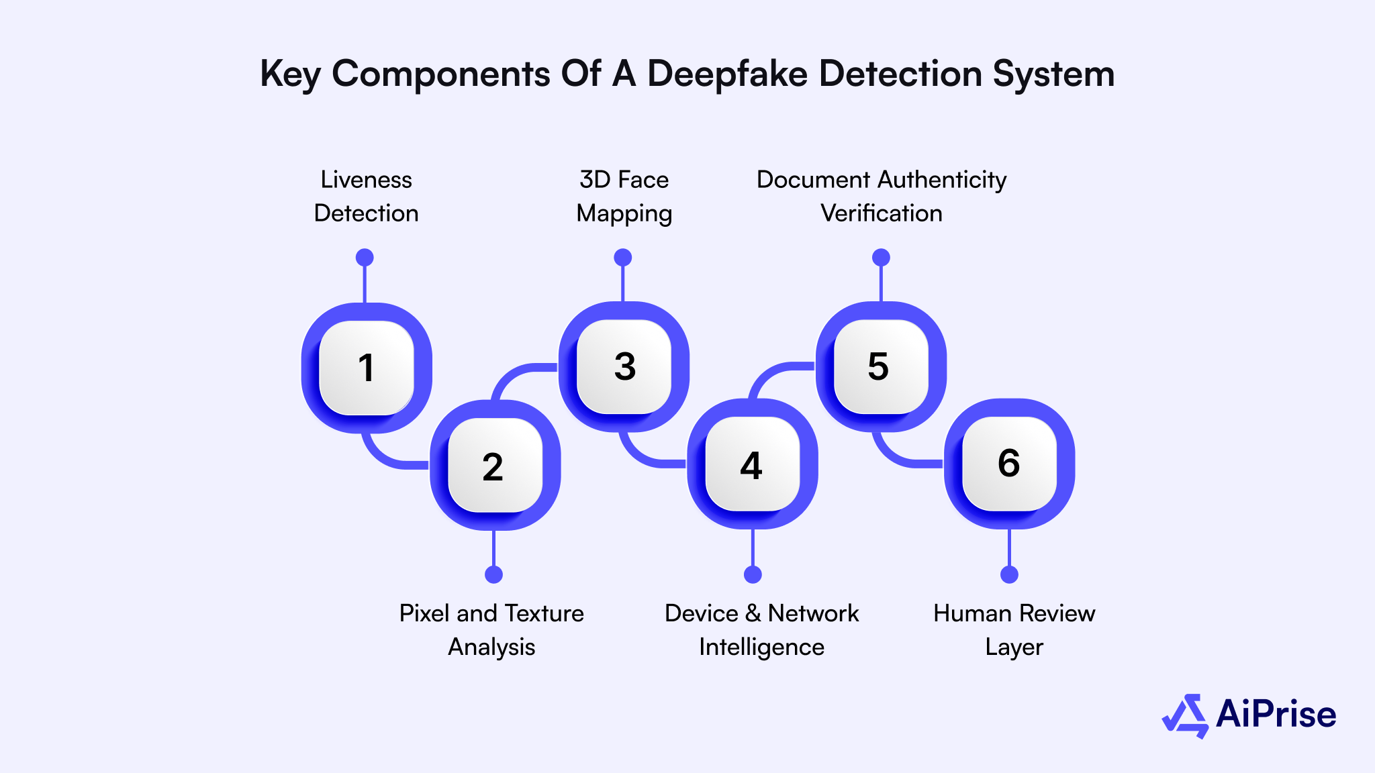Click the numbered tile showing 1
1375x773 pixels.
pyautogui.click(x=366, y=368)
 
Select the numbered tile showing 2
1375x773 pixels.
pyautogui.click(x=495, y=466)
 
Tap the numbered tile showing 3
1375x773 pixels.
pyautogui.click(x=624, y=366)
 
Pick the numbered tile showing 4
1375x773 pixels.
pyautogui.click(x=753, y=464)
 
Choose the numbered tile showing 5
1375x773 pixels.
pyautogui.click(x=880, y=366)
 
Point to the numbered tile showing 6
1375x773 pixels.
pyautogui.click(x=1009, y=463)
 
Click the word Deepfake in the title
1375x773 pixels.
pyautogui.click(x=726, y=74)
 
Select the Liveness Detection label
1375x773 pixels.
pyautogui.click(x=366, y=196)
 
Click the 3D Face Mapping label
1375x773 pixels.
pyautogui.click(x=624, y=196)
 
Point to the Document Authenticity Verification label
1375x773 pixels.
pyautogui.click(x=881, y=196)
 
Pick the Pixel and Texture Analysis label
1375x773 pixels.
pyautogui.click(x=491, y=629)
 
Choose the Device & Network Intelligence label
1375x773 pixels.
pyautogui.click(x=761, y=629)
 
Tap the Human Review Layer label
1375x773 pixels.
pyautogui.click(x=1014, y=629)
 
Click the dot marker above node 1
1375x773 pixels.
pyautogui.click(x=365, y=258)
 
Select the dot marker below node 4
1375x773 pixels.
pyautogui.click(x=753, y=574)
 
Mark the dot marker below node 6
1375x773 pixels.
pyautogui.click(x=1009, y=574)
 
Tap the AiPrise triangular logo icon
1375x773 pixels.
pyautogui.click(x=1186, y=716)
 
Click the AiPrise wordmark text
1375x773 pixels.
pyautogui.click(x=1276, y=714)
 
